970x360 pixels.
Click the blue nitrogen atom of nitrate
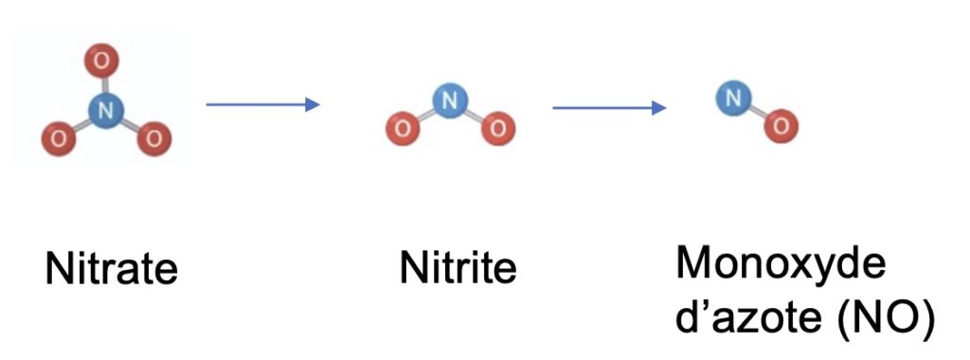(x=106, y=111)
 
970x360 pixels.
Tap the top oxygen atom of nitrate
(x=102, y=61)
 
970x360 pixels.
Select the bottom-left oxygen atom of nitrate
(x=59, y=138)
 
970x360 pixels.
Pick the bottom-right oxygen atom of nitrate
(x=154, y=138)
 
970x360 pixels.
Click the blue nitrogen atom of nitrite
(x=450, y=99)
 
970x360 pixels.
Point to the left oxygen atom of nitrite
(x=403, y=129)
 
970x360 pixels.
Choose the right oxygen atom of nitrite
(x=498, y=129)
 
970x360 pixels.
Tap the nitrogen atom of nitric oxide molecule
(x=734, y=99)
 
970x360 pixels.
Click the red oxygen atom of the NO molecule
(x=781, y=126)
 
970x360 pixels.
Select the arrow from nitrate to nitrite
(x=263, y=104)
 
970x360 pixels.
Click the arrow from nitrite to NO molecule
(x=609, y=108)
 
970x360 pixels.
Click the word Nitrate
(x=112, y=268)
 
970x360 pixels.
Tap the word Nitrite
(x=458, y=268)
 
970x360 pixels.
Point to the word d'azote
(x=745, y=318)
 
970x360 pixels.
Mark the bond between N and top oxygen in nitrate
(x=104, y=85)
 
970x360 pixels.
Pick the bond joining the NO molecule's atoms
(x=757, y=112)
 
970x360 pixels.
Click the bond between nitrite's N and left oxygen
(x=426, y=115)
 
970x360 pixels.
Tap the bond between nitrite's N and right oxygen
(x=475, y=115)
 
